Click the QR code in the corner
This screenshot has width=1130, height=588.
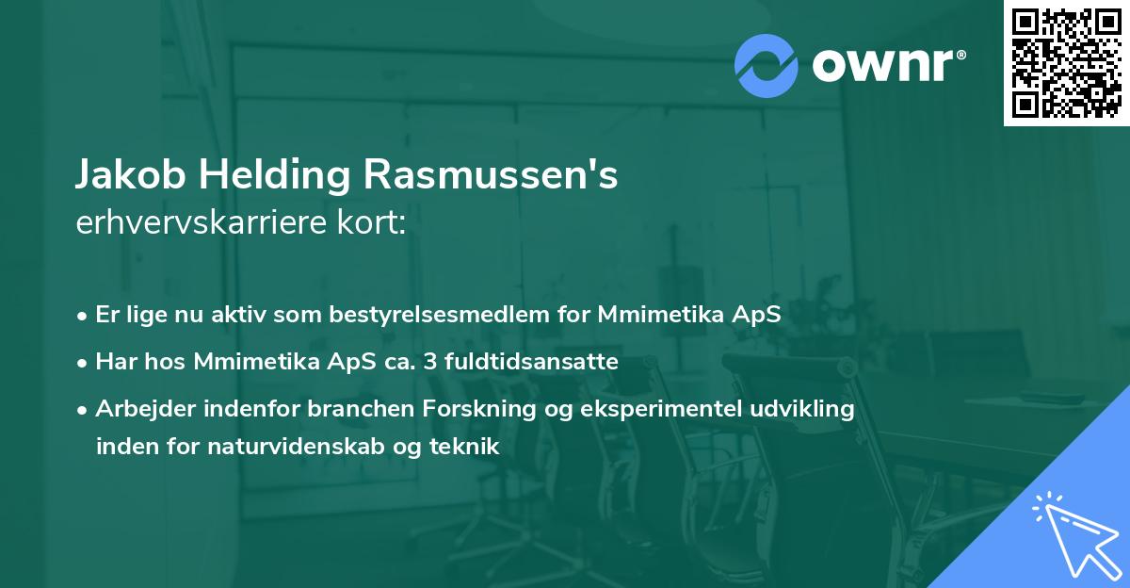pos(1066,63)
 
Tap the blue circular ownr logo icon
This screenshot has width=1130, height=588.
pos(766,66)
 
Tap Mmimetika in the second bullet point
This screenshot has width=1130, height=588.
pos(249,361)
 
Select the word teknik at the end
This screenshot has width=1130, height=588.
pos(469,447)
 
